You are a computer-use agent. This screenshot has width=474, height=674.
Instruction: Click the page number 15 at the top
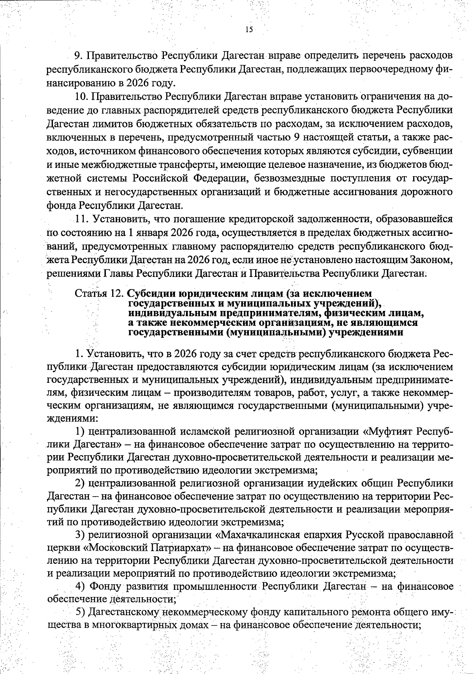(249, 30)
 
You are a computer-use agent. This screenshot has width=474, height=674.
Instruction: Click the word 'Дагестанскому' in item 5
(121, 613)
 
